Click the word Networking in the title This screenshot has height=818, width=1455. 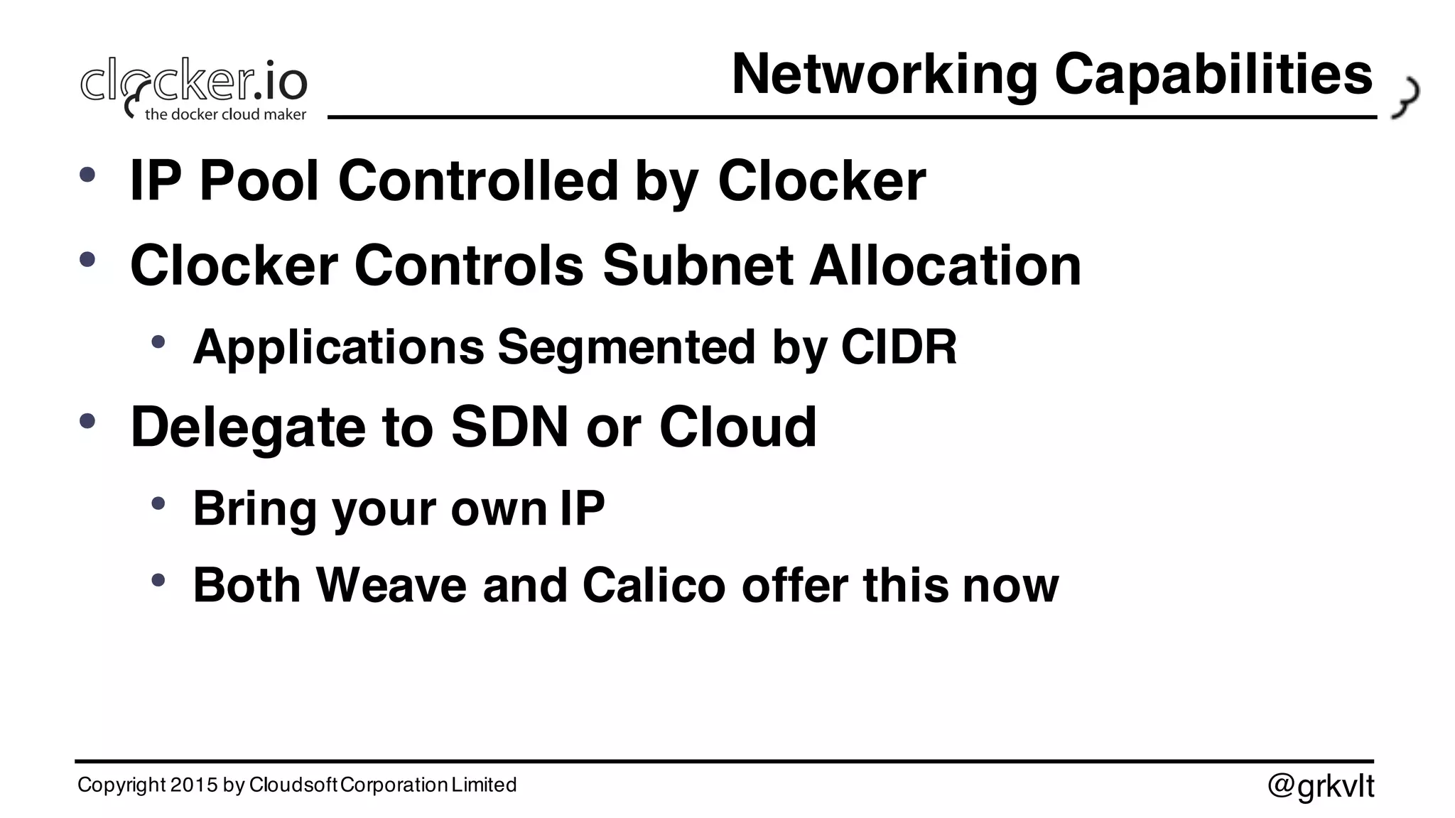tap(885, 75)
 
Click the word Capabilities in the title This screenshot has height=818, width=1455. tap(1213, 75)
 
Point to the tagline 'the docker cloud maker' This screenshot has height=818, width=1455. tap(225, 114)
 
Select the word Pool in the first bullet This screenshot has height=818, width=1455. tap(259, 181)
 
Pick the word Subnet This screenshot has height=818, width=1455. tap(698, 266)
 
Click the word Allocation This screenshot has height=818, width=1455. tap(945, 266)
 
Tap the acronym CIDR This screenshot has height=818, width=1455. tap(899, 347)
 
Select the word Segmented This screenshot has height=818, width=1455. tap(626, 347)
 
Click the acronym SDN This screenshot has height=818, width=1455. tap(509, 427)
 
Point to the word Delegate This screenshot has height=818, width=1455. tap(247, 427)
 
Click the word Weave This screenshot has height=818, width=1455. tap(391, 586)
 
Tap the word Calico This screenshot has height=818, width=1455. tap(654, 586)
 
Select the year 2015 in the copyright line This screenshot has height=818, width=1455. tap(194, 785)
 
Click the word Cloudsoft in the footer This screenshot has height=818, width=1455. tap(294, 785)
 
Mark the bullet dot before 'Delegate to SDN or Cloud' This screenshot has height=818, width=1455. tap(87, 422)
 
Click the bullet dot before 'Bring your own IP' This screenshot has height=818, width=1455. tap(158, 504)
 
